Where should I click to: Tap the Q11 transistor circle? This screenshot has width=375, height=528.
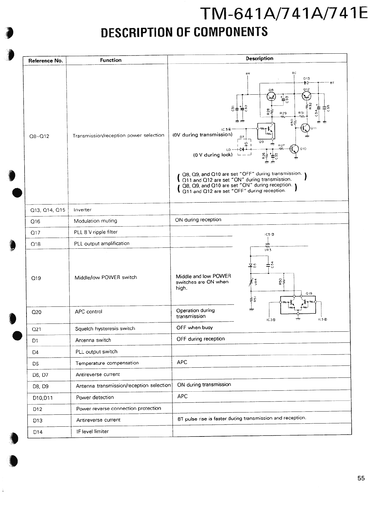click(305, 128)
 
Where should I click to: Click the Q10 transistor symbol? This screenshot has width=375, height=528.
click(294, 149)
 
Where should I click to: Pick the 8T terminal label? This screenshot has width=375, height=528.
click(331, 83)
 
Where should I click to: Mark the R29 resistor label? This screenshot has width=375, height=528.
click(283, 113)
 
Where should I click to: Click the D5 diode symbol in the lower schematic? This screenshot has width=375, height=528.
click(251, 265)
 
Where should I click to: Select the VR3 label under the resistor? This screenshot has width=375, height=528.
click(268, 250)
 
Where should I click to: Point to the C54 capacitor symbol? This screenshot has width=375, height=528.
click(268, 264)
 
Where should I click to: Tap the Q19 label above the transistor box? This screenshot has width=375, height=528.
click(309, 293)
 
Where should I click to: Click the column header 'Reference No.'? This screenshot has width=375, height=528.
click(46, 61)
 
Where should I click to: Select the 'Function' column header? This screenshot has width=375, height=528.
click(111, 60)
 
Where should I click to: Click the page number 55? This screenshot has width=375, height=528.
click(361, 478)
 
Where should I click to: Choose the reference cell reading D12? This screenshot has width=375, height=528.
click(38, 409)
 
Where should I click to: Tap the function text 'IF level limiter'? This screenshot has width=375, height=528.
click(92, 431)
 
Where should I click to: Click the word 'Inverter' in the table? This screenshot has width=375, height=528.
click(82, 210)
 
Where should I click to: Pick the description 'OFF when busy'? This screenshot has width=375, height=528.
click(195, 328)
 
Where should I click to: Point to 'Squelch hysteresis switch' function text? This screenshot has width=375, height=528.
click(105, 329)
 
